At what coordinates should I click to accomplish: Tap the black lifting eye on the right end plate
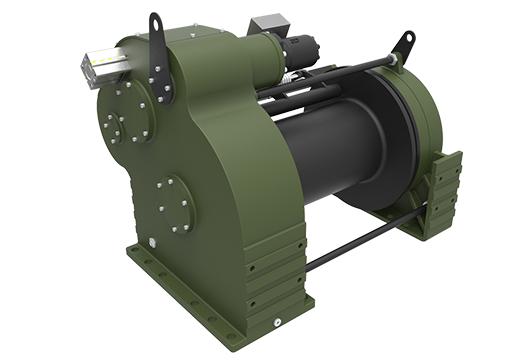(404, 45)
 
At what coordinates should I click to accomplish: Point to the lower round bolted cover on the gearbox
(173, 204)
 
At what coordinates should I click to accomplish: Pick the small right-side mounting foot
(440, 195)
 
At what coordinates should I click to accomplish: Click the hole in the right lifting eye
(408, 39)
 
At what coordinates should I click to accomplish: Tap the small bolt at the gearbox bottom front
(276, 323)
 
